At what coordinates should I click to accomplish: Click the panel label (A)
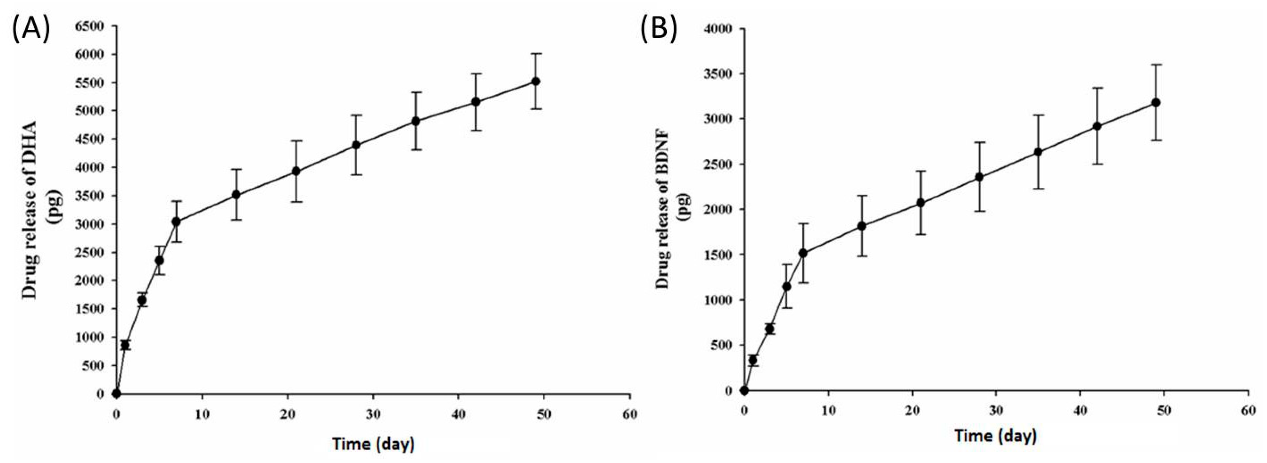(30, 29)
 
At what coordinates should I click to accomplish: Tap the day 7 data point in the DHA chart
(176, 222)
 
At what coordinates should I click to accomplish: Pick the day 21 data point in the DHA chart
(296, 171)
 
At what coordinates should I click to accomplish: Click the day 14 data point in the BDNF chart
(862, 226)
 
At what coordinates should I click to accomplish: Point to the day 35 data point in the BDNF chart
(1038, 152)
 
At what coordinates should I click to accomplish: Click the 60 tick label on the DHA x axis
(630, 414)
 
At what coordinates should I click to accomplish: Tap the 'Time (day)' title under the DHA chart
(373, 444)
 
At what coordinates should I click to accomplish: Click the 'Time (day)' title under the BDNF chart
(996, 435)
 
